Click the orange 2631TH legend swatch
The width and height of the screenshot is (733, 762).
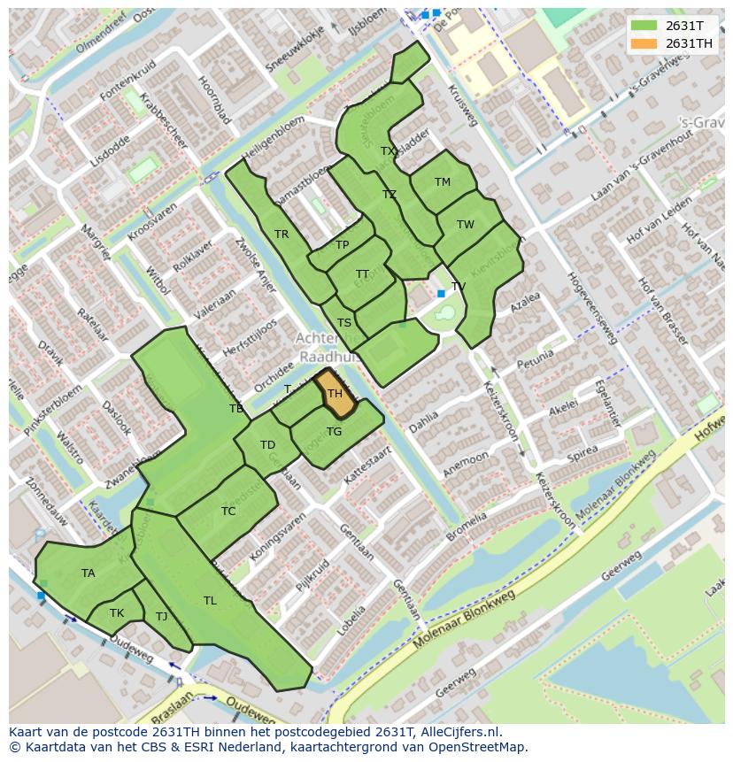point(644,43)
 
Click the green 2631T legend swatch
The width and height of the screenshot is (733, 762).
point(644,26)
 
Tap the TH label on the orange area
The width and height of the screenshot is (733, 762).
point(335,394)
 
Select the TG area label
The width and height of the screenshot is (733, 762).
point(334,432)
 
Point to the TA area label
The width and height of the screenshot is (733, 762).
point(89,573)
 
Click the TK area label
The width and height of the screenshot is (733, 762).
point(117,613)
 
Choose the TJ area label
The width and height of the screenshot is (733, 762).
point(161,617)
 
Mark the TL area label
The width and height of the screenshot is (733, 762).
point(210,601)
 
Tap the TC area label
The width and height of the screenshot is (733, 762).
point(228,512)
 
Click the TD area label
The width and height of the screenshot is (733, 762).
point(267,445)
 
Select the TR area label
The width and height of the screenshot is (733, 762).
point(282,235)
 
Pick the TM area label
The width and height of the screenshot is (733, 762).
point(443,182)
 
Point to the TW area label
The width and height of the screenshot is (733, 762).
point(466,225)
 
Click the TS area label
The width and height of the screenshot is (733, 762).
point(344,323)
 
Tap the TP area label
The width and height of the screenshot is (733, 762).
point(343,245)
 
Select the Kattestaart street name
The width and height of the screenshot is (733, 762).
point(367,463)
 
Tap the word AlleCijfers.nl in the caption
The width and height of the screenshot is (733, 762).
point(461,733)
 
